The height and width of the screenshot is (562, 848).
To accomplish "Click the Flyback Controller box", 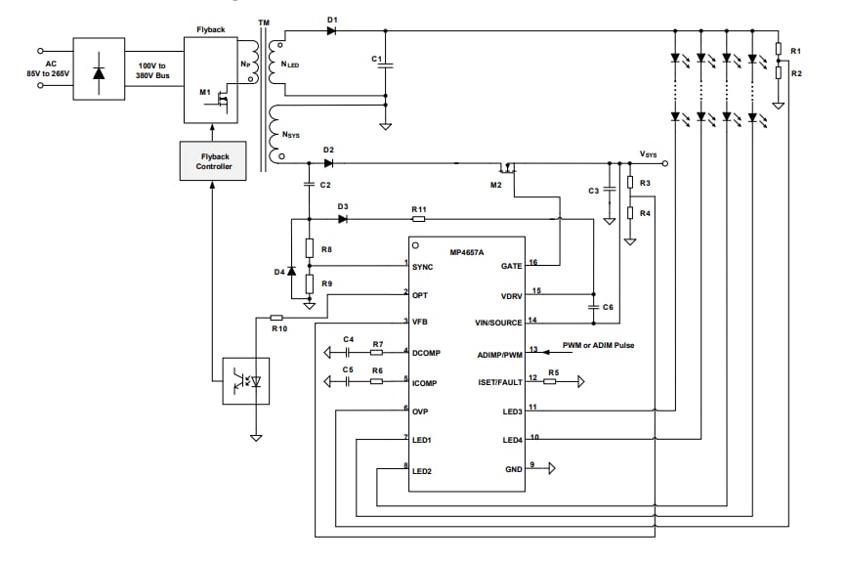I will (213, 160).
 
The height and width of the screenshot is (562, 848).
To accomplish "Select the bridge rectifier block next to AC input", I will (99, 69).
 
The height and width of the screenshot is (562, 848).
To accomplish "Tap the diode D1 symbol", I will (331, 31).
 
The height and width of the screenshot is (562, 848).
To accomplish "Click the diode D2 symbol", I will (328, 162).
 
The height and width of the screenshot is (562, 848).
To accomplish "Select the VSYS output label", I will (649, 154).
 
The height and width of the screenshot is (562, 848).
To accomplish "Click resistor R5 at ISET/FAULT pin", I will (553, 381).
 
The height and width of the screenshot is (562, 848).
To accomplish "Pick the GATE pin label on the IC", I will (512, 265).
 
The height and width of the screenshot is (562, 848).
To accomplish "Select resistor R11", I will (419, 220).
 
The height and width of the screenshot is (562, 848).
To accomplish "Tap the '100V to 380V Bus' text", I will (153, 69).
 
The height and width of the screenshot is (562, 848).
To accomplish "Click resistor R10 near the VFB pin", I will (276, 318).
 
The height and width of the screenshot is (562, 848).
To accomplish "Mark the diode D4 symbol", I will (291, 271).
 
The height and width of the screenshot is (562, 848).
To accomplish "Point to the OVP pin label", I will (421, 411).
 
